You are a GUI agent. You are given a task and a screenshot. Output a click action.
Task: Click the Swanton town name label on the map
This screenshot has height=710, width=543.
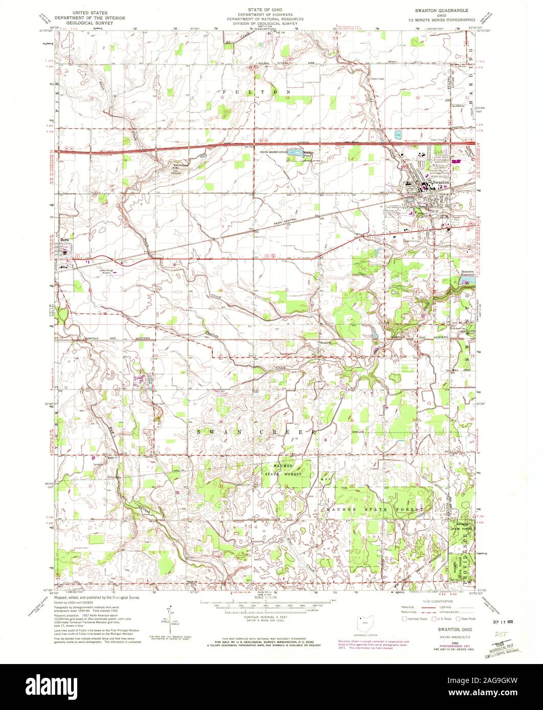441,182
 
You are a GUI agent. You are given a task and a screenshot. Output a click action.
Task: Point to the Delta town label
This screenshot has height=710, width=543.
64,238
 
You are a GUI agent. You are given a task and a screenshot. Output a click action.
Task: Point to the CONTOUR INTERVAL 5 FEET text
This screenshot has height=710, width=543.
271,617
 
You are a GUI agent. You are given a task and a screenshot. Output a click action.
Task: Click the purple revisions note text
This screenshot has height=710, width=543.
373,645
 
